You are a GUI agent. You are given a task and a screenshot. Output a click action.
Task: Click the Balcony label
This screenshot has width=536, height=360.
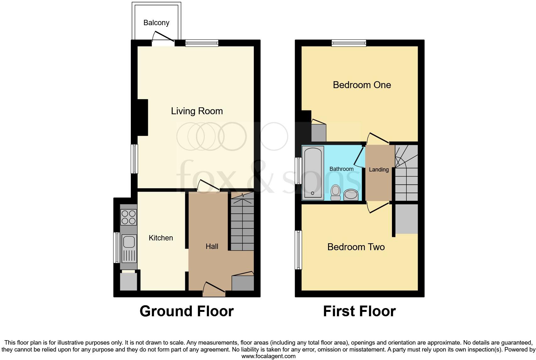coord(156,23)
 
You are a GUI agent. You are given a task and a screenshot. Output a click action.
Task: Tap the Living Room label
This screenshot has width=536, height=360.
coord(197,111)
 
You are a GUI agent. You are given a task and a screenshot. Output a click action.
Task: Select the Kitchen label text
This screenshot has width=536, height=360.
coord(161,238)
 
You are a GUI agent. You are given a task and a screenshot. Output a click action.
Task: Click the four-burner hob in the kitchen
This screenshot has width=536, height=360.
coord(129,217)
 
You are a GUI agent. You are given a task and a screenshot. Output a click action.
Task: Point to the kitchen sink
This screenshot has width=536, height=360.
coord(129,242)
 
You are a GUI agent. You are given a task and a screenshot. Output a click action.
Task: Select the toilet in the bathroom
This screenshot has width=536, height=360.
coord(336,192)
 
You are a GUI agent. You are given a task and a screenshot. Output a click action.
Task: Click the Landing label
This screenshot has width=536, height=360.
coord(379,170)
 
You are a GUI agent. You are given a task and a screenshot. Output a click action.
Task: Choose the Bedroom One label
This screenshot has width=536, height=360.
coord(362,85)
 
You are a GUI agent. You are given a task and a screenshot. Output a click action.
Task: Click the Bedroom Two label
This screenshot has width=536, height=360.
coord(356,247)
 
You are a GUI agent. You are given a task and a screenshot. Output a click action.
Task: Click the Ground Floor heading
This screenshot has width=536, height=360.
coord(187,311)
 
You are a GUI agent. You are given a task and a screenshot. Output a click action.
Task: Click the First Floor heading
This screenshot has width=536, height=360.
coord(359,311)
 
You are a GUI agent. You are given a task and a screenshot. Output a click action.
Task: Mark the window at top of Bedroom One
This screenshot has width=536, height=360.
coord(349,43)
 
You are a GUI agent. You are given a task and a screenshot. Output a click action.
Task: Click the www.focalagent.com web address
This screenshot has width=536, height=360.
coord(268,356)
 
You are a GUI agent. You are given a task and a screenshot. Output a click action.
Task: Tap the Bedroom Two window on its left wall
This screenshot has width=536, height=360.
coord(298,250)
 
